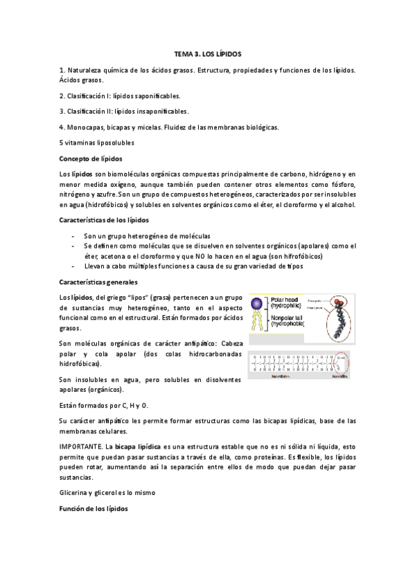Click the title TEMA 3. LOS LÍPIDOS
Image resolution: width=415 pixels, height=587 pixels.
(207, 53)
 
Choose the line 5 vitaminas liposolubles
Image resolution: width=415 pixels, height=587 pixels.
(96, 143)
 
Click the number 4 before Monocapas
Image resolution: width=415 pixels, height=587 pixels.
(62, 127)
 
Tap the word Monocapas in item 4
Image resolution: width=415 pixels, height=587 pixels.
(85, 127)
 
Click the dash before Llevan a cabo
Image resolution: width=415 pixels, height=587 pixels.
(73, 267)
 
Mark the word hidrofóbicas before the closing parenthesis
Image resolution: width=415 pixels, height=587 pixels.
(80, 363)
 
